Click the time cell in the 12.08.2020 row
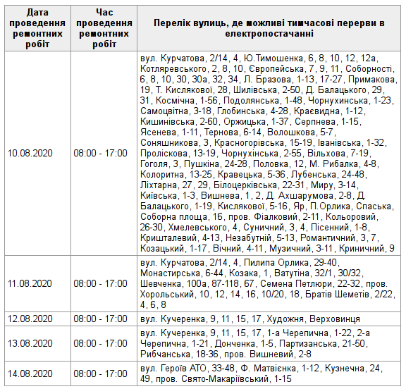click(101, 319)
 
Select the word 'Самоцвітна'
click(166, 111)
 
